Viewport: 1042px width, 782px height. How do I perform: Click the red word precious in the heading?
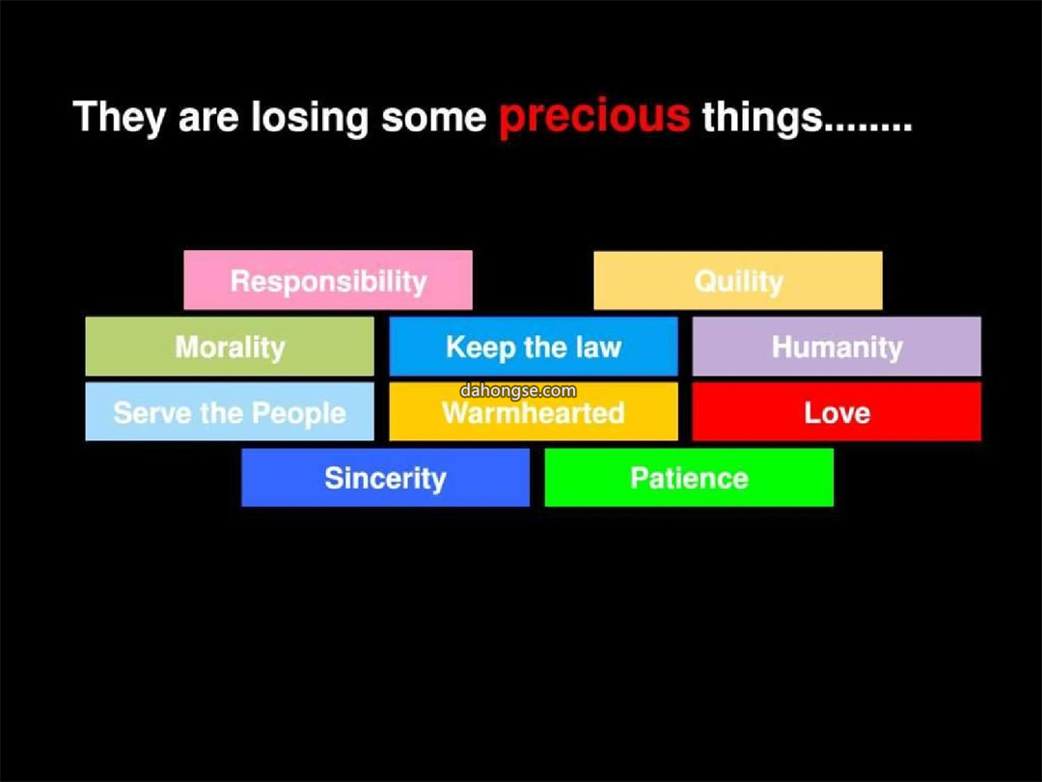tap(594, 118)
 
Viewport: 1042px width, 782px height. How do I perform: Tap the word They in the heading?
tap(119, 118)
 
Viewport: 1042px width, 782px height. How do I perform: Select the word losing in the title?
tap(309, 118)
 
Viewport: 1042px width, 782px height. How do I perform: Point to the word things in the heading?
tap(763, 118)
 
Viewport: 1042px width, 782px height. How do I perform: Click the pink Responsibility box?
tap(328, 280)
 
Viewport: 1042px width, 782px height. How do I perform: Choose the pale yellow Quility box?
tap(738, 280)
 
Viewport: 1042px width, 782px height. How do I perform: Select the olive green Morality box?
tap(230, 346)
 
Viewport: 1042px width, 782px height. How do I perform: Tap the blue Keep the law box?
tap(534, 346)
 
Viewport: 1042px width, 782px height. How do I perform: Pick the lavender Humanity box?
tap(836, 346)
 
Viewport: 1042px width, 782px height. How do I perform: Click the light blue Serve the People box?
tap(230, 411)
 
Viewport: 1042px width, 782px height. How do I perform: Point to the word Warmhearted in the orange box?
tap(534, 413)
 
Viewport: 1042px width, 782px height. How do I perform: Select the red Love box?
tap(836, 411)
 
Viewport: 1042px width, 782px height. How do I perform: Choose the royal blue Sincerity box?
tap(385, 478)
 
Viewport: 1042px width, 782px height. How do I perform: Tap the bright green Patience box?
tap(689, 478)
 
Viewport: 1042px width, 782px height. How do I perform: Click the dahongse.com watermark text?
tap(518, 390)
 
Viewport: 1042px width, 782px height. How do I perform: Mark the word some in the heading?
tap(434, 118)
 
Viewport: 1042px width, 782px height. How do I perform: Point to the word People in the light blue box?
tap(299, 413)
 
